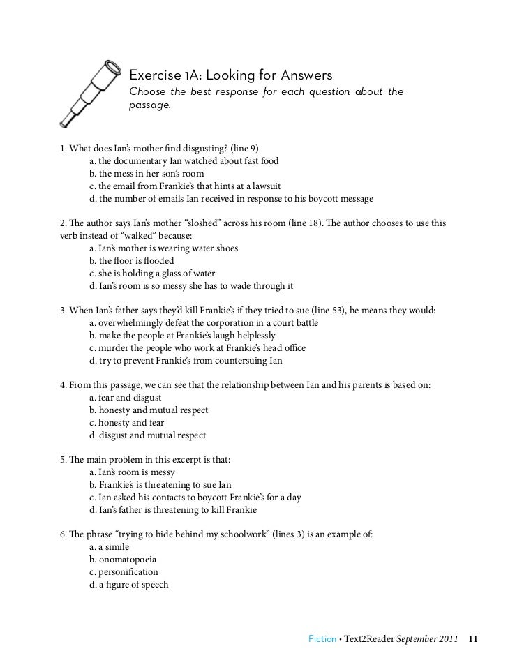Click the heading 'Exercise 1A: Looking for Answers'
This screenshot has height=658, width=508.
tap(231, 75)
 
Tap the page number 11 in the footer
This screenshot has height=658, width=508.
tap(473, 638)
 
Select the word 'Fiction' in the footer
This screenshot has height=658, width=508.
tap(322, 638)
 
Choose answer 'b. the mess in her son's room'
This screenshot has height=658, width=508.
tap(147, 174)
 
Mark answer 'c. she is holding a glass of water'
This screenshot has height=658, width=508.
tap(152, 274)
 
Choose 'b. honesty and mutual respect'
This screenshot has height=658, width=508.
tap(149, 410)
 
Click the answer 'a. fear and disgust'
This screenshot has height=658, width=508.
tap(126, 398)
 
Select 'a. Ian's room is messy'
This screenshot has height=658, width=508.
tap(132, 472)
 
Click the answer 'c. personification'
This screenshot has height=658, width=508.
tap(124, 572)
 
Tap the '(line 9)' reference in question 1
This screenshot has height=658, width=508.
tap(239, 149)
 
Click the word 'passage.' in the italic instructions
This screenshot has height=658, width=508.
tap(150, 105)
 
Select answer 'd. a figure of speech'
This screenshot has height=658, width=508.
tap(129, 585)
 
